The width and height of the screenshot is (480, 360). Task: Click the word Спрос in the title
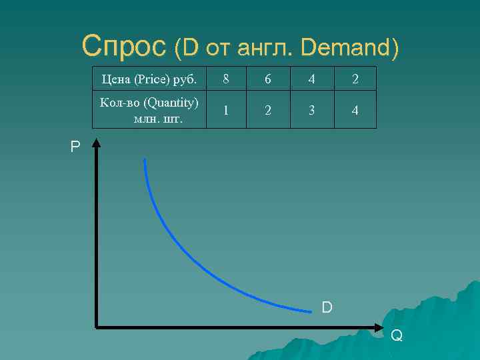click(124, 47)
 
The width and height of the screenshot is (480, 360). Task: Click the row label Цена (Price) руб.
click(149, 79)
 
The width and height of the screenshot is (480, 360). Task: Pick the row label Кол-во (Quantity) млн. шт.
click(149, 110)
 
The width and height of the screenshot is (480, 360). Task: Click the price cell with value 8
click(227, 79)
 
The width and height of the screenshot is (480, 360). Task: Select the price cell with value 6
click(268, 79)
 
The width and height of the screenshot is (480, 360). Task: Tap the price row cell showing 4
click(311, 79)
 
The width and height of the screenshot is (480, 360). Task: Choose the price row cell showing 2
click(355, 79)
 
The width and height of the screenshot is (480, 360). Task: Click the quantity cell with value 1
click(227, 110)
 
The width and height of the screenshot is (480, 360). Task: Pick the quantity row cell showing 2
click(268, 110)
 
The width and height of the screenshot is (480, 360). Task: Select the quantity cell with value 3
click(311, 110)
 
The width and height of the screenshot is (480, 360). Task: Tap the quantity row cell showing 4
click(355, 110)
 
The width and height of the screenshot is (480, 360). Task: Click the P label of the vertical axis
click(75, 147)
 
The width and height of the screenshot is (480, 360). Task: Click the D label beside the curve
click(327, 307)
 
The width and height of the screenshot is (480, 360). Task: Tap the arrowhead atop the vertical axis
click(97, 142)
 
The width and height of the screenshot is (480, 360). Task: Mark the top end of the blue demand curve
click(144, 160)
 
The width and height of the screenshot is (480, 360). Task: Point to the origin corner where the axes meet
click(97, 327)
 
